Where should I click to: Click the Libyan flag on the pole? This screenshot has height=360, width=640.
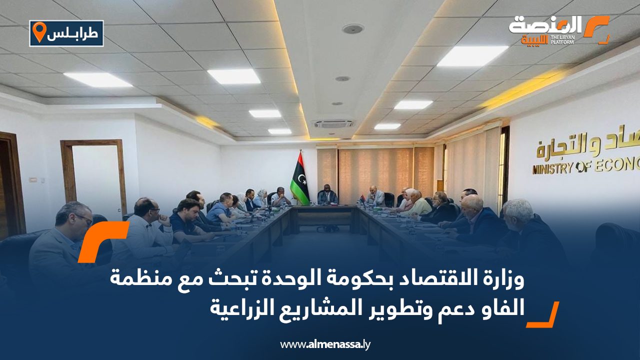300,179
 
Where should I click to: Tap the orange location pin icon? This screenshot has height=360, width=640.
38,32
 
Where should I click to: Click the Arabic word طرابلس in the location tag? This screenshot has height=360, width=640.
73,33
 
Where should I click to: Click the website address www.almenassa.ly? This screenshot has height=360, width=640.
325,344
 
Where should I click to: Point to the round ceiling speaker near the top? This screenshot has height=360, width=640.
352,29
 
